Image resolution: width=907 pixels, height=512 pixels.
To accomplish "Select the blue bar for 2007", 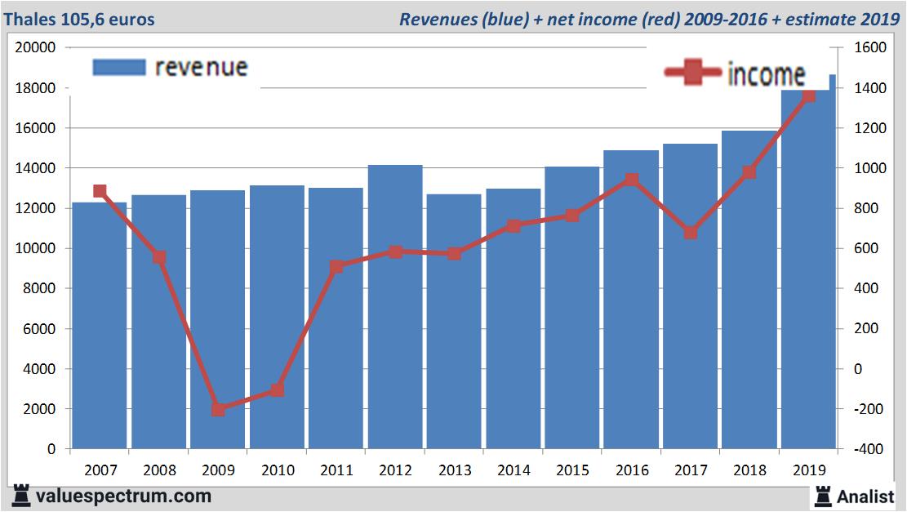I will tap(100, 326).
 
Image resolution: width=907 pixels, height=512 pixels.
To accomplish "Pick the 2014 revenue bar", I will tap(514, 318).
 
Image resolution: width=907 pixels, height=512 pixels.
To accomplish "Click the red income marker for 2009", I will tap(218, 409).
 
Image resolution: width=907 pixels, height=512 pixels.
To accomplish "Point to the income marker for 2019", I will tap(808, 96).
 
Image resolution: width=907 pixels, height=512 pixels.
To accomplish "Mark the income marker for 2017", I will tap(691, 233).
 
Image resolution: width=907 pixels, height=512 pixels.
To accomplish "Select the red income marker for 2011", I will tap(336, 266).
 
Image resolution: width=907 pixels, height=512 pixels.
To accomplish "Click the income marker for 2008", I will tap(159, 257).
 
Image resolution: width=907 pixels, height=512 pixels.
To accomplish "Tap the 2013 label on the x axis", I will tap(455, 470).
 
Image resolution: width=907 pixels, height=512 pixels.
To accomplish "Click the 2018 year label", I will tap(749, 470).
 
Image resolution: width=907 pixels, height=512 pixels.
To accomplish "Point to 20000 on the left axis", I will tap(36, 47).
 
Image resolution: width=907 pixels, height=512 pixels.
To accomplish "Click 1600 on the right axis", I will tap(869, 47).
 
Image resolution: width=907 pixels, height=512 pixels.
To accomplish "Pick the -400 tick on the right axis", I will tap(868, 449).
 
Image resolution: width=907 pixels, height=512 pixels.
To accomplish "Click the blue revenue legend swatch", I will tap(119, 67).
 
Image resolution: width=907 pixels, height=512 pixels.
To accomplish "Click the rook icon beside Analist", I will tap(824, 495).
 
